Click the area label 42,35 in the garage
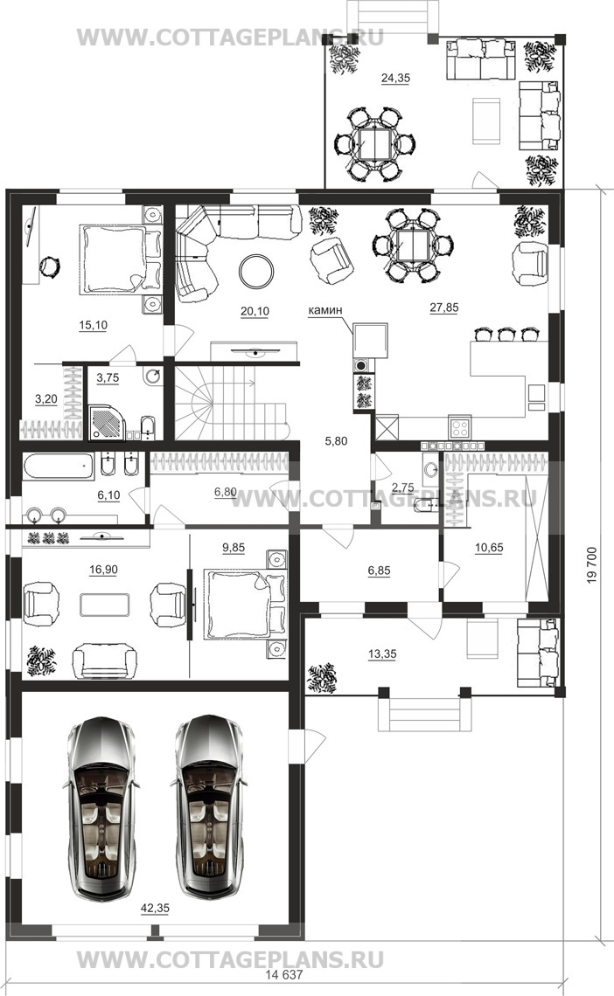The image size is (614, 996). coord(155,909)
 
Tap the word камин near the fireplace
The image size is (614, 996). coord(324,310)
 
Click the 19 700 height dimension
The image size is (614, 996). coord(592,564)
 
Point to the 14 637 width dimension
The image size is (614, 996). coord(283,974)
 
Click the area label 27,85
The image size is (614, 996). coord(443,308)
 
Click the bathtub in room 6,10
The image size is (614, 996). coord(59,467)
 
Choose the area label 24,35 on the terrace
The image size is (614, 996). coord(395,78)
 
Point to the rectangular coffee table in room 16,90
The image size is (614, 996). coord(105,604)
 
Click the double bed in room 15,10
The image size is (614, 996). coord(121,259)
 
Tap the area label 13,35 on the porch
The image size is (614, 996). coord(382,654)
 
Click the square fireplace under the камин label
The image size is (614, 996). coord(370,341)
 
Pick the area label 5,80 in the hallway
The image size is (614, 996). coord(336,441)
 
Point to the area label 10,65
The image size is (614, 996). coord(489,547)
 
